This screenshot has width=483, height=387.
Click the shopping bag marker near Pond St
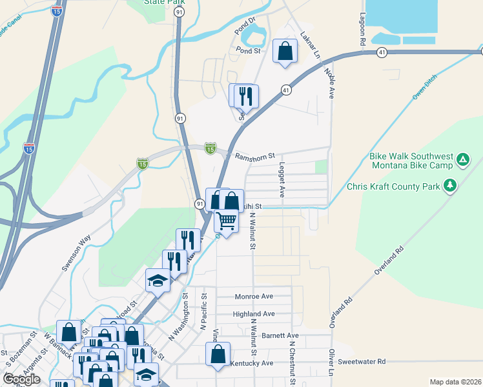click(285, 51)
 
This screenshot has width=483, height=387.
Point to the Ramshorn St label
click(255, 156)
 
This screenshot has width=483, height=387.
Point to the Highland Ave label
click(254, 314)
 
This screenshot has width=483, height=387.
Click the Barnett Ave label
click(280, 336)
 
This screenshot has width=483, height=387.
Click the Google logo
click(21, 379)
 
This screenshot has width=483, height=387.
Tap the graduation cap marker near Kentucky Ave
click(147, 374)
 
